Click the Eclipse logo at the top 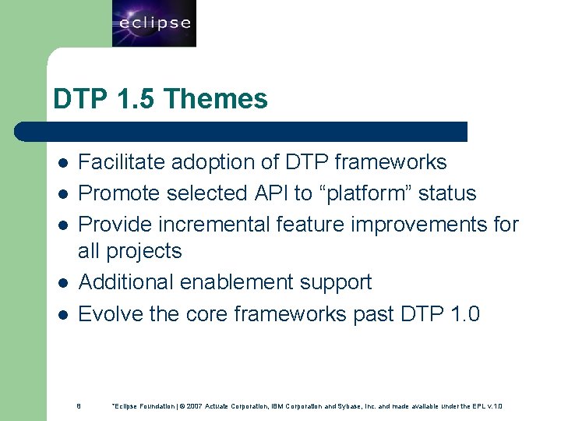click(153, 23)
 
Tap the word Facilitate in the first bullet click(122, 162)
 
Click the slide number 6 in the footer click(79, 405)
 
